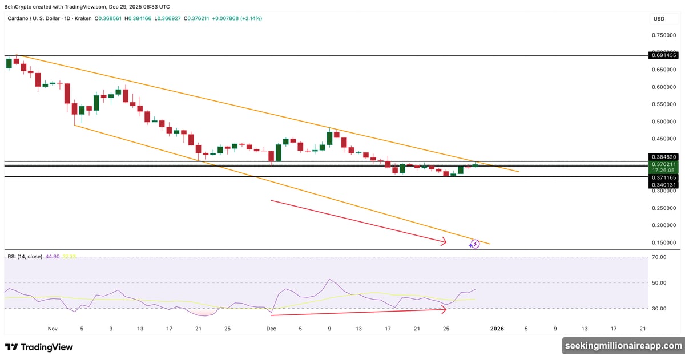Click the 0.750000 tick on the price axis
coord(664,35)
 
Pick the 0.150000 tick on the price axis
coord(664,243)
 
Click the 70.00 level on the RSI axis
coord(660,257)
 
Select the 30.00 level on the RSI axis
coord(660,309)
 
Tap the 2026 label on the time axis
coord(497,329)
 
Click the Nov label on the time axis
coord(53,329)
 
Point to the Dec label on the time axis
coord(271,329)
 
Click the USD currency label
coord(659,19)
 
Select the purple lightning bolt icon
coord(474,244)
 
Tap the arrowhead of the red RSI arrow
coord(444,309)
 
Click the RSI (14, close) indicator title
coord(24,257)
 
